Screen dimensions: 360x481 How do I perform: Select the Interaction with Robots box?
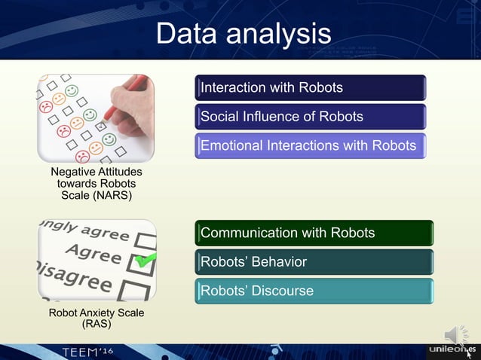tap(311, 87)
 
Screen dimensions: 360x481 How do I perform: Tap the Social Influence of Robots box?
tap(311, 117)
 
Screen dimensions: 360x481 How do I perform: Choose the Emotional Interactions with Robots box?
tap(311, 145)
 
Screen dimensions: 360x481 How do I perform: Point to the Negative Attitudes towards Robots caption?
tap(95, 184)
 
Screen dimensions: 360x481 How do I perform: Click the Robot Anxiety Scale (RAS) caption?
tap(95, 318)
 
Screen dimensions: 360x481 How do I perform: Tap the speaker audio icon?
tap(455, 334)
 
